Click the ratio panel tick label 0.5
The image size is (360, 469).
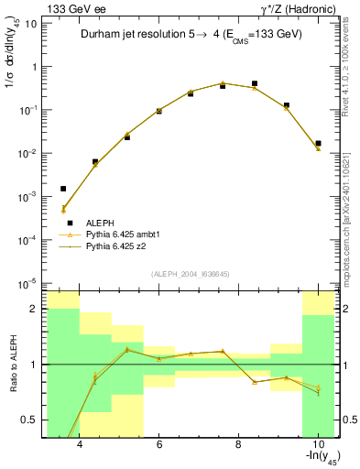[x=29, y=420]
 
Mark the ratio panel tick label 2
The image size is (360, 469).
[x=34, y=309]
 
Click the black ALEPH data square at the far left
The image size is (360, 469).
[x=63, y=189]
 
